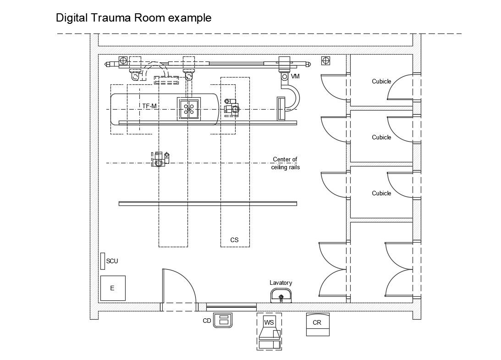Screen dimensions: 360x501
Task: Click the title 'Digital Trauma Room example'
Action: click(x=133, y=18)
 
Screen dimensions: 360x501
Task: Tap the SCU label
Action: click(x=112, y=261)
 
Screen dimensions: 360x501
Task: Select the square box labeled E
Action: click(x=113, y=288)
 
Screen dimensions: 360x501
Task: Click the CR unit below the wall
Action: click(x=317, y=324)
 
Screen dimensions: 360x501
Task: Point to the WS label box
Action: click(x=269, y=322)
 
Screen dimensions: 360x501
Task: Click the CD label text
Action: click(x=207, y=321)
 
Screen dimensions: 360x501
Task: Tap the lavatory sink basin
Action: click(x=281, y=296)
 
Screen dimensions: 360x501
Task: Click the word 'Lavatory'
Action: click(x=281, y=283)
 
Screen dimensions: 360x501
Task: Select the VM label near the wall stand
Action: click(x=295, y=77)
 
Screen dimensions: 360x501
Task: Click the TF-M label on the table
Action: click(x=149, y=106)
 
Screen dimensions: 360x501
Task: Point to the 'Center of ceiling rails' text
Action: click(x=285, y=163)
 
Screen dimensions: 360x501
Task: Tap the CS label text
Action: click(x=234, y=240)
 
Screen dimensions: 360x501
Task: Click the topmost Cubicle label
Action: click(x=381, y=82)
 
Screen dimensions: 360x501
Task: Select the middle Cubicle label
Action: click(x=381, y=138)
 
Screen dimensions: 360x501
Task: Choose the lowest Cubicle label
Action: click(x=381, y=194)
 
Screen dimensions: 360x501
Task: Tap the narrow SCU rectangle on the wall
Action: click(x=103, y=261)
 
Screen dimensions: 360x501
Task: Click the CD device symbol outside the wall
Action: click(x=224, y=320)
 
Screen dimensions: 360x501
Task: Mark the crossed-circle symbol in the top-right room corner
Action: click(x=325, y=60)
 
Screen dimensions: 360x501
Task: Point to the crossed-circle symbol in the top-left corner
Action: click(x=123, y=60)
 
